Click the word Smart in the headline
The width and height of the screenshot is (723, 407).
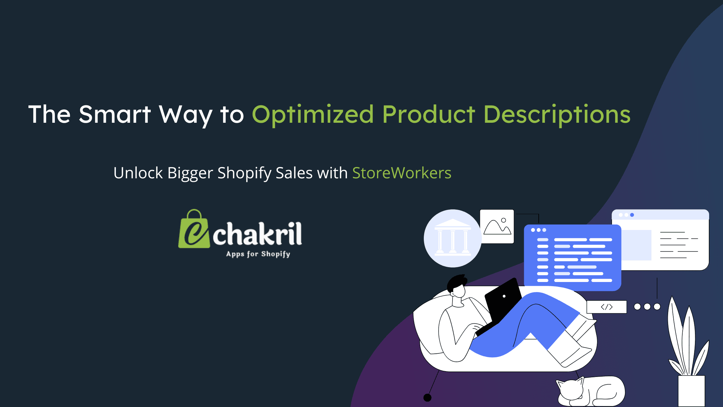pyautogui.click(x=115, y=114)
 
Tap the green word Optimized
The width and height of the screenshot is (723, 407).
pyautogui.click(x=312, y=114)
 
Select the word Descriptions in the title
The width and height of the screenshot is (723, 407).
pyautogui.click(x=557, y=114)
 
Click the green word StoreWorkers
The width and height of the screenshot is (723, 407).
pyautogui.click(x=402, y=173)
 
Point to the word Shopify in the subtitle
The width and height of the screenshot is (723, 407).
pyautogui.click(x=244, y=173)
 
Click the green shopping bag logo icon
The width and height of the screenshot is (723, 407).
pyautogui.click(x=194, y=230)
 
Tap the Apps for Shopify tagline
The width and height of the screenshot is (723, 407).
pyautogui.click(x=258, y=254)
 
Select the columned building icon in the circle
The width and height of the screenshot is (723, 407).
pyautogui.click(x=453, y=238)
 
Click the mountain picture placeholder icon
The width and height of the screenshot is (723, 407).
pyautogui.click(x=497, y=226)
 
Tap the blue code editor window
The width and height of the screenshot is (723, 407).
pyautogui.click(x=572, y=257)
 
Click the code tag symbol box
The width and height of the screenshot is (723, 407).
pyautogui.click(x=606, y=307)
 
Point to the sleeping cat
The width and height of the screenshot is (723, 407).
pyautogui.click(x=591, y=391)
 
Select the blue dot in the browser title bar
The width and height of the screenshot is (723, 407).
pyautogui.click(x=632, y=215)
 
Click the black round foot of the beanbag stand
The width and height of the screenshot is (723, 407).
pyautogui.click(x=427, y=398)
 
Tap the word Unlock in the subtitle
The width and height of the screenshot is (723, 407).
pyautogui.click(x=138, y=173)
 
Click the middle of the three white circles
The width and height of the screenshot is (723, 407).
pyautogui.click(x=647, y=307)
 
